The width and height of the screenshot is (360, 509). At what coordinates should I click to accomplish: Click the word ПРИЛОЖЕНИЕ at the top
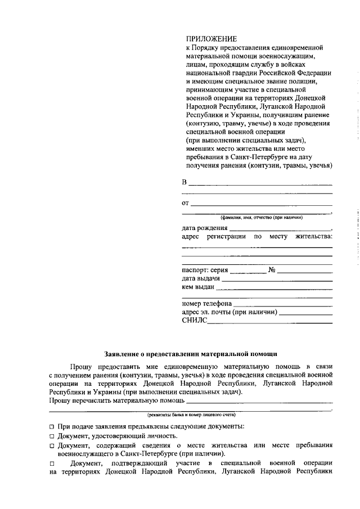[x=211, y=39]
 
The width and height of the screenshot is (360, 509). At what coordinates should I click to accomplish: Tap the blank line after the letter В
[x=260, y=184]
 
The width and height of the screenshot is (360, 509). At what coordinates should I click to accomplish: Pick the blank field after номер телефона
[x=282, y=305]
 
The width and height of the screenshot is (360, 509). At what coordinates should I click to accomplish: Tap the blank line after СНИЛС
[x=269, y=322]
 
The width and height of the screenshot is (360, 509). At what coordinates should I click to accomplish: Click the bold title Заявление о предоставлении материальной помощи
[x=191, y=354]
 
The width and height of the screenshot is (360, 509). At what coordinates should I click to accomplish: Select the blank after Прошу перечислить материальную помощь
[x=259, y=401]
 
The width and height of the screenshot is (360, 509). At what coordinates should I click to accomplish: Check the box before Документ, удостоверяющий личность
[x=52, y=436]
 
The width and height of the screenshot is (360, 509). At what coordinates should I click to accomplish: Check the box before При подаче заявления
[x=52, y=427]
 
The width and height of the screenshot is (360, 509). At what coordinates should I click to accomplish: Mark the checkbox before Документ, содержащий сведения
[x=52, y=446]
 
